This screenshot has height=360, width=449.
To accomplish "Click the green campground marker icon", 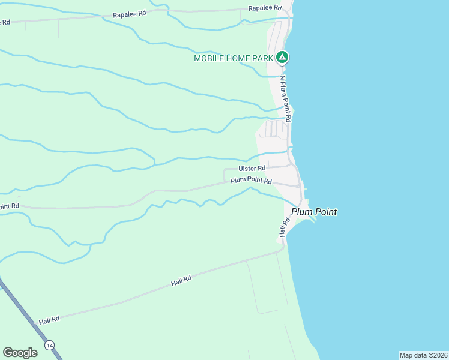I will tap(283, 58).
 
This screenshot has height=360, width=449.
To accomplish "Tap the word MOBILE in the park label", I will tap(208, 58).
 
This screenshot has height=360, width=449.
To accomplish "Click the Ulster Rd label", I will tap(252, 169).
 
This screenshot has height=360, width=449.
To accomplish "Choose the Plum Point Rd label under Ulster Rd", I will tap(251, 181).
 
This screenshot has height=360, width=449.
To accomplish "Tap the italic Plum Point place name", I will tap(314, 212).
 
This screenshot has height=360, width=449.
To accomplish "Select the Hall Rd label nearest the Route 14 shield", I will tap(49, 320).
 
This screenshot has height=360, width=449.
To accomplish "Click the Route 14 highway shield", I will tap(49, 345).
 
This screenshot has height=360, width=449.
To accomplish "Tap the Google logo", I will tap(20, 353).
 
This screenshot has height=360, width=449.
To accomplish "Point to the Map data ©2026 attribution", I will tap(423, 355).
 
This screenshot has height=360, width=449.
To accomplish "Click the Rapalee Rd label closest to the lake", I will tap(265, 8).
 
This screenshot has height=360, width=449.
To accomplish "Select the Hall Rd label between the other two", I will tap(181, 280).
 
